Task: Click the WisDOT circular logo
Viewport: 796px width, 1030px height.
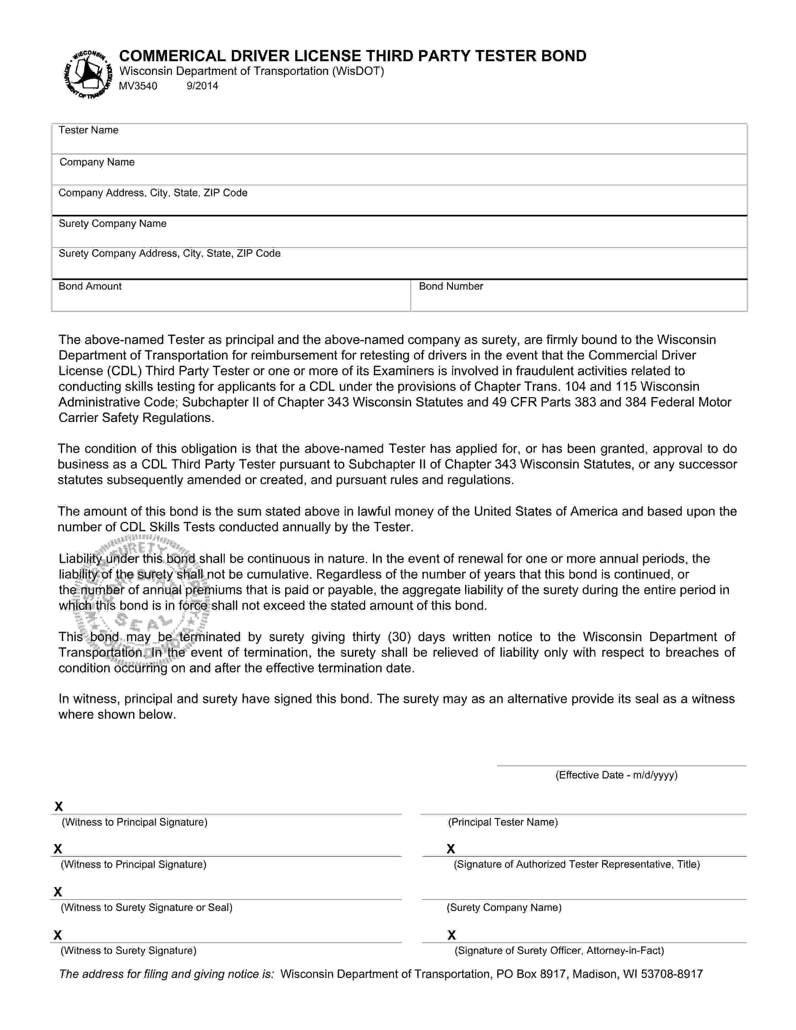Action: [88, 74]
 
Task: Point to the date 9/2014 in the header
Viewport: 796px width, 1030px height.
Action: [202, 86]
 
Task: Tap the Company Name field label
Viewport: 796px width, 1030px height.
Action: [97, 162]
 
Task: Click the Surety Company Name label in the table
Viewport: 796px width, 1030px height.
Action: [112, 223]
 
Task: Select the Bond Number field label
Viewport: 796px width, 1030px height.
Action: [450, 286]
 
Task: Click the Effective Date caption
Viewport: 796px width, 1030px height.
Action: [616, 775]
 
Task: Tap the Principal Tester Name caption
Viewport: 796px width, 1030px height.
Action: [502, 822]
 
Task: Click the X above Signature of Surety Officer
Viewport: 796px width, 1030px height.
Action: [451, 935]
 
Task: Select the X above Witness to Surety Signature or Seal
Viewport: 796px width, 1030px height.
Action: [58, 892]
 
